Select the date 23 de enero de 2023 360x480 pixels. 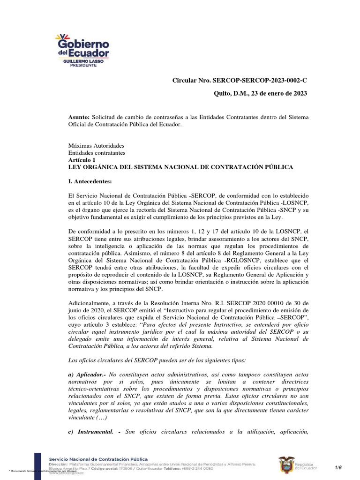pos(277,93)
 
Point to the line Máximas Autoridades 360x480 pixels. pos(97,146)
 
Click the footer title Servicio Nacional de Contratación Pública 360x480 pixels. pos(98,459)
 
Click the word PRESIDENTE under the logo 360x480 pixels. pos(83,66)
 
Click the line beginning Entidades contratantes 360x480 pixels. pos(97,153)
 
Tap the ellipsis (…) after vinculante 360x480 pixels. pos(100,417)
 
